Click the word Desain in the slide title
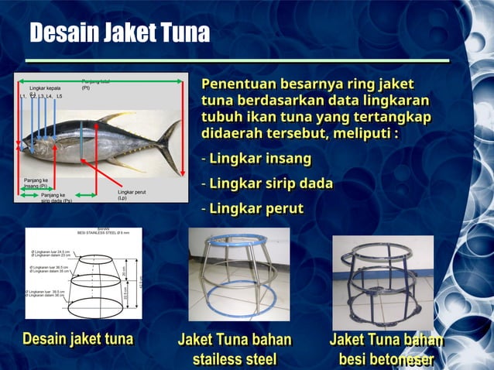click(65, 33)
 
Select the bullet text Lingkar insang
click(260, 159)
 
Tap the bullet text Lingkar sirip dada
click(271, 183)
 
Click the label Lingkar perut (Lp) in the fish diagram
click(132, 194)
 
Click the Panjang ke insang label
click(35, 183)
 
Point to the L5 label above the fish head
click(59, 97)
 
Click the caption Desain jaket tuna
click(78, 339)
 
